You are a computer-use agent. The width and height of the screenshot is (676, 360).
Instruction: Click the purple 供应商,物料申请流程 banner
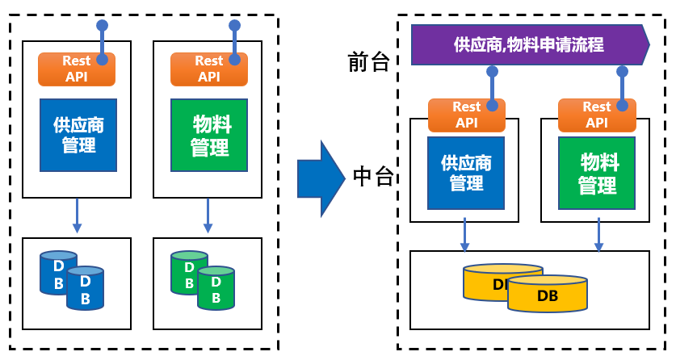click(x=529, y=44)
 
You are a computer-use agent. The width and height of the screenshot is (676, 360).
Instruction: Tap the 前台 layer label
click(x=368, y=62)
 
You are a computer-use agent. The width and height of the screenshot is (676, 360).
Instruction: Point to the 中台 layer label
click(x=373, y=176)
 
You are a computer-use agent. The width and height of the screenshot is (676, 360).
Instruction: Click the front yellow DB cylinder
click(x=548, y=295)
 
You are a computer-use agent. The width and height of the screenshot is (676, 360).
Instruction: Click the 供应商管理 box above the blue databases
click(x=78, y=135)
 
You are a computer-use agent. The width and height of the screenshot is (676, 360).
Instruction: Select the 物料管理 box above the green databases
click(x=209, y=135)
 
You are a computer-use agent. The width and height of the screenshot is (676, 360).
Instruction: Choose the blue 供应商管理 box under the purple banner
click(x=466, y=173)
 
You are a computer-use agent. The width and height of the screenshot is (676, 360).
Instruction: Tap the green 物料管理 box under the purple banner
click(x=597, y=173)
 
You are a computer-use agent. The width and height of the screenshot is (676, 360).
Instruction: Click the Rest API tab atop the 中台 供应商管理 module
click(x=466, y=115)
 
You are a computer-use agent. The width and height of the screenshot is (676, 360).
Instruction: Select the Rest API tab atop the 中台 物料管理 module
click(x=596, y=115)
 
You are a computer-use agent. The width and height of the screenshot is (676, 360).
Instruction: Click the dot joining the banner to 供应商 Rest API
click(x=492, y=72)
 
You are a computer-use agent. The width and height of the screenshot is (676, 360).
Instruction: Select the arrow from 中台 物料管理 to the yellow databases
click(x=598, y=235)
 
